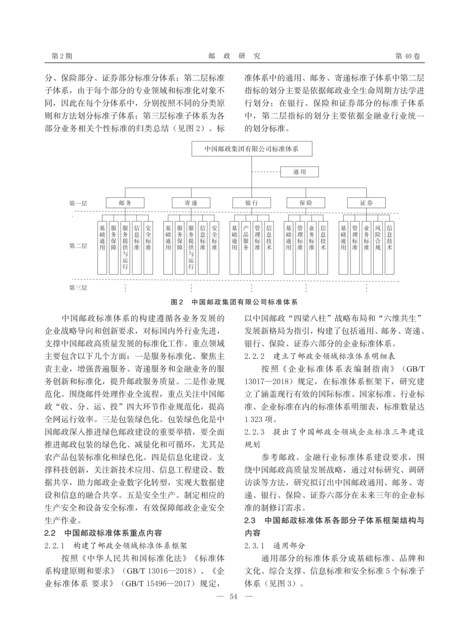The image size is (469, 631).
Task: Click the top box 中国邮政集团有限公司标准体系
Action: [252, 148]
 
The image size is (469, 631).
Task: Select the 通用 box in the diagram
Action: [300, 172]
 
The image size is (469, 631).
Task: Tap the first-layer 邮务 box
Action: [125, 203]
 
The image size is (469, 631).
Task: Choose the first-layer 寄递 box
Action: [191, 203]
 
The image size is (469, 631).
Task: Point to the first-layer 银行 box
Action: [252, 203]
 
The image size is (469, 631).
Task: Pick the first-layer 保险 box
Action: [306, 203]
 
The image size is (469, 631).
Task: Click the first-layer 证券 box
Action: [366, 203]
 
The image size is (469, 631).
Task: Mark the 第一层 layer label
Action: [78, 203]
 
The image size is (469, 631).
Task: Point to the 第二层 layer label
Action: [78, 245]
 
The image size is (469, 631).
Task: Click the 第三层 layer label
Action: [78, 287]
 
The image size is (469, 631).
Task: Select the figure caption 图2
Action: [177, 302]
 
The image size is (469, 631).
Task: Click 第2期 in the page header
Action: [62, 56]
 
